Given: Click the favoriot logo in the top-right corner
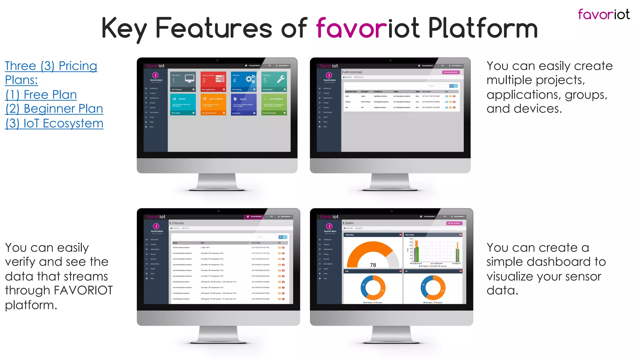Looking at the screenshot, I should [x=603, y=14].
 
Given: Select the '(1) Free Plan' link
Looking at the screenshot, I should [x=41, y=95].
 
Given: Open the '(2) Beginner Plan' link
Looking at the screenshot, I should [x=54, y=109].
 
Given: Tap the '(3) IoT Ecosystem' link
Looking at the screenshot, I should [x=54, y=123].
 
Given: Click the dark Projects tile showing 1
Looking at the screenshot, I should [x=183, y=82].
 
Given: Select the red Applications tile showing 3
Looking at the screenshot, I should [x=213, y=82].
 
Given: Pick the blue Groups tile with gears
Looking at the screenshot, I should [x=244, y=82].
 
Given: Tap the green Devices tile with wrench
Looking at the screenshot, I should [x=274, y=82].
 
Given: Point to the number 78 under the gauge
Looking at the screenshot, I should [x=373, y=265].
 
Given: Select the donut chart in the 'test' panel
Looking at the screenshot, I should [x=373, y=287].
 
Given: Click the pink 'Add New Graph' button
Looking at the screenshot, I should [x=454, y=223].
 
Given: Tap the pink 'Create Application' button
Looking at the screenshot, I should [x=451, y=72].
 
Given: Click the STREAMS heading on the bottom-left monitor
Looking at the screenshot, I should [x=177, y=223].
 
